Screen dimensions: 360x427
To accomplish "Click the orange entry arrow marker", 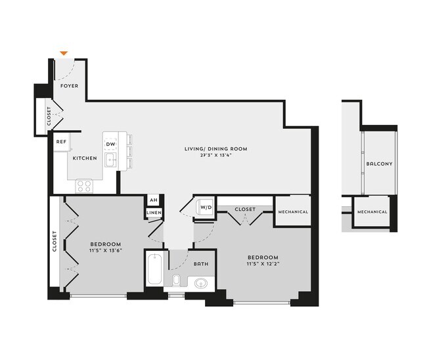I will coord(64,53).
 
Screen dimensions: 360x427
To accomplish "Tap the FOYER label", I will coord(69,86).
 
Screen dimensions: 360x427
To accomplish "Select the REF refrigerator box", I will coord(61,141).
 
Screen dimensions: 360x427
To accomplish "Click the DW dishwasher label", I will coord(111,144).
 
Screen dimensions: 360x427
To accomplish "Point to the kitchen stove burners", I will coord(84,185).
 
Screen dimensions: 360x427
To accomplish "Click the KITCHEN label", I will coord(85,158).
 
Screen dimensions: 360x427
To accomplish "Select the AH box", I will coord(153,200).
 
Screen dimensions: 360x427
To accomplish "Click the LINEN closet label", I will coord(153,213).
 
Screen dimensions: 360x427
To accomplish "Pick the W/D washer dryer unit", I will coord(205,208).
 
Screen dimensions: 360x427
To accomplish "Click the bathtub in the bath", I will coord(154,269).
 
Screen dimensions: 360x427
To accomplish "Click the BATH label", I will coord(201,264).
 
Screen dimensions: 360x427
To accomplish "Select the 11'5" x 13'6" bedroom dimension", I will coord(106,250).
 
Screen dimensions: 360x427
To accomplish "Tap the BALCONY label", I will coord(380,164).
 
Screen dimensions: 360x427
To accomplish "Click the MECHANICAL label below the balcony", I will coord(372,212).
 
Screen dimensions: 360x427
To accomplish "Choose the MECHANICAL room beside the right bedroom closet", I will coord(292,212).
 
